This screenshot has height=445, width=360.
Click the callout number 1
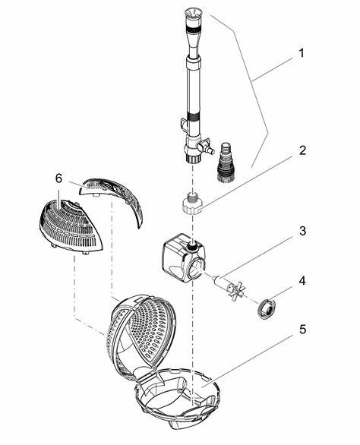(x=302, y=53)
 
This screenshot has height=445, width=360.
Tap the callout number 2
(x=302, y=150)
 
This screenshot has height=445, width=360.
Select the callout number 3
(x=302, y=231)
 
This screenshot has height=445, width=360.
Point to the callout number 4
(x=302, y=281)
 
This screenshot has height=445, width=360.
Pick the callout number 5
(x=302, y=330)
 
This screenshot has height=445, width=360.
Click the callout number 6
(x=58, y=178)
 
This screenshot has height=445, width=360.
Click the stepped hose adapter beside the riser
(x=226, y=162)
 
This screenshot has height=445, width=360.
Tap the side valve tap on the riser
(x=206, y=146)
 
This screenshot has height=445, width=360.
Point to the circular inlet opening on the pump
(x=197, y=266)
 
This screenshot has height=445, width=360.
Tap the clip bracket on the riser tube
(x=184, y=125)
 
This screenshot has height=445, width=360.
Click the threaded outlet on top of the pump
(x=192, y=246)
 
